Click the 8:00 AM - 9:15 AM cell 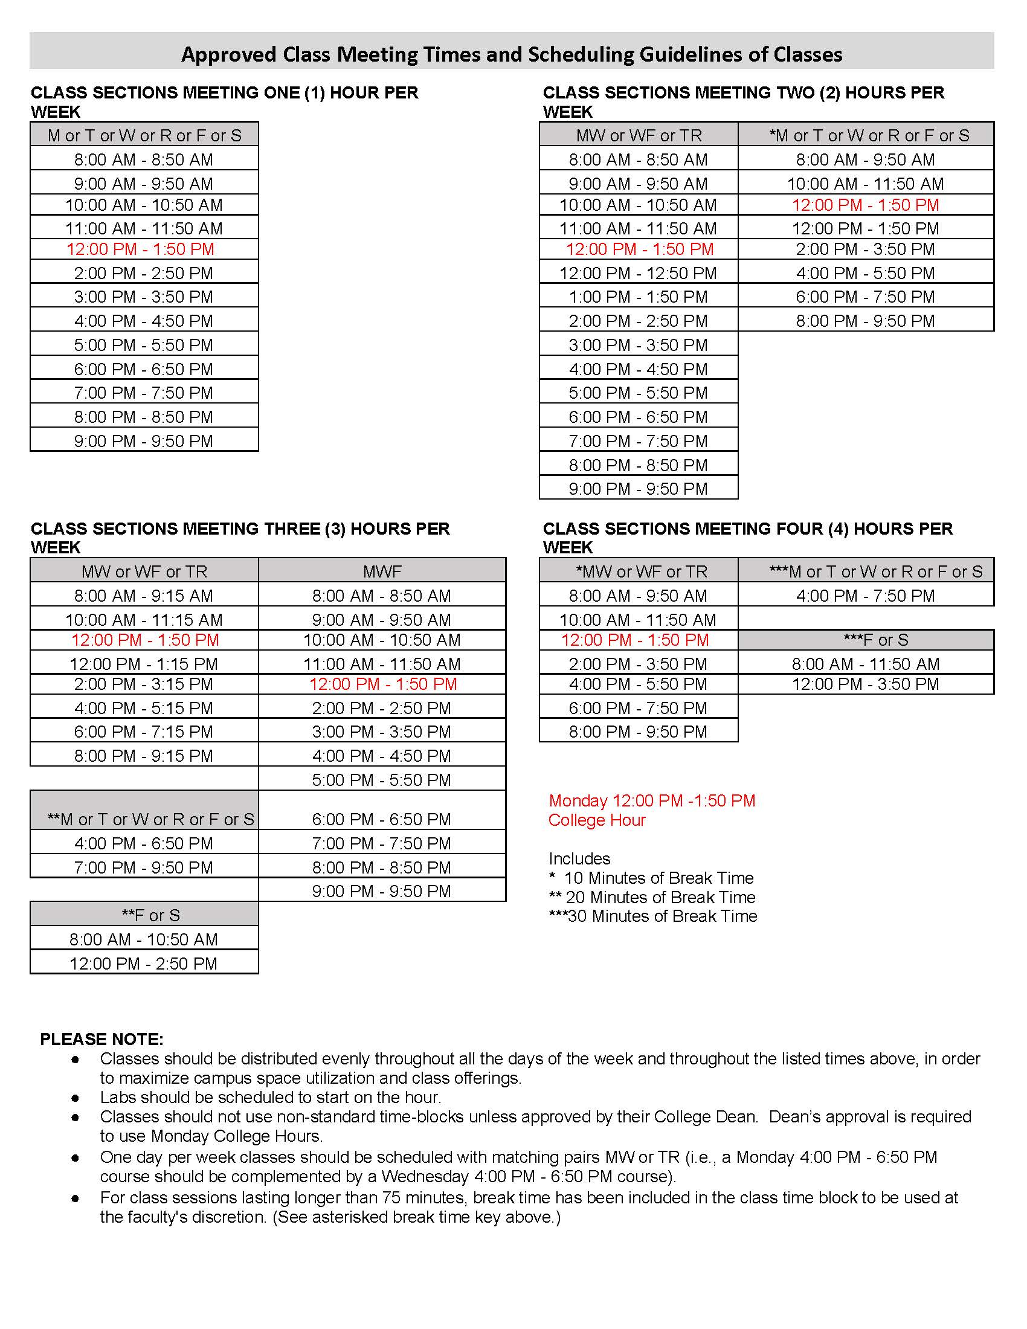click(144, 595)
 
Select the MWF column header click(382, 571)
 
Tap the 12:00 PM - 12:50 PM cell click(638, 272)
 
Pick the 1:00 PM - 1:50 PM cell click(638, 297)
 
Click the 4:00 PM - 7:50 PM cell click(865, 595)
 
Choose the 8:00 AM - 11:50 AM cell click(865, 663)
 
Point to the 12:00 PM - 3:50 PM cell click(865, 684)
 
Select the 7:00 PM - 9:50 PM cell click(144, 867)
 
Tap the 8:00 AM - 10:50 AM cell click(144, 939)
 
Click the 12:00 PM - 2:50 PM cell click(144, 964)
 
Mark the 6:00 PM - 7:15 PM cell click(144, 732)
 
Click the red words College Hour click(596, 820)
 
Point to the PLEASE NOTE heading click(101, 1039)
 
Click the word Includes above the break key click(579, 858)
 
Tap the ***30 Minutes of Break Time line click(653, 916)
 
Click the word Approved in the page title click(229, 55)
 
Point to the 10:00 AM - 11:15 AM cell click(144, 619)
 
